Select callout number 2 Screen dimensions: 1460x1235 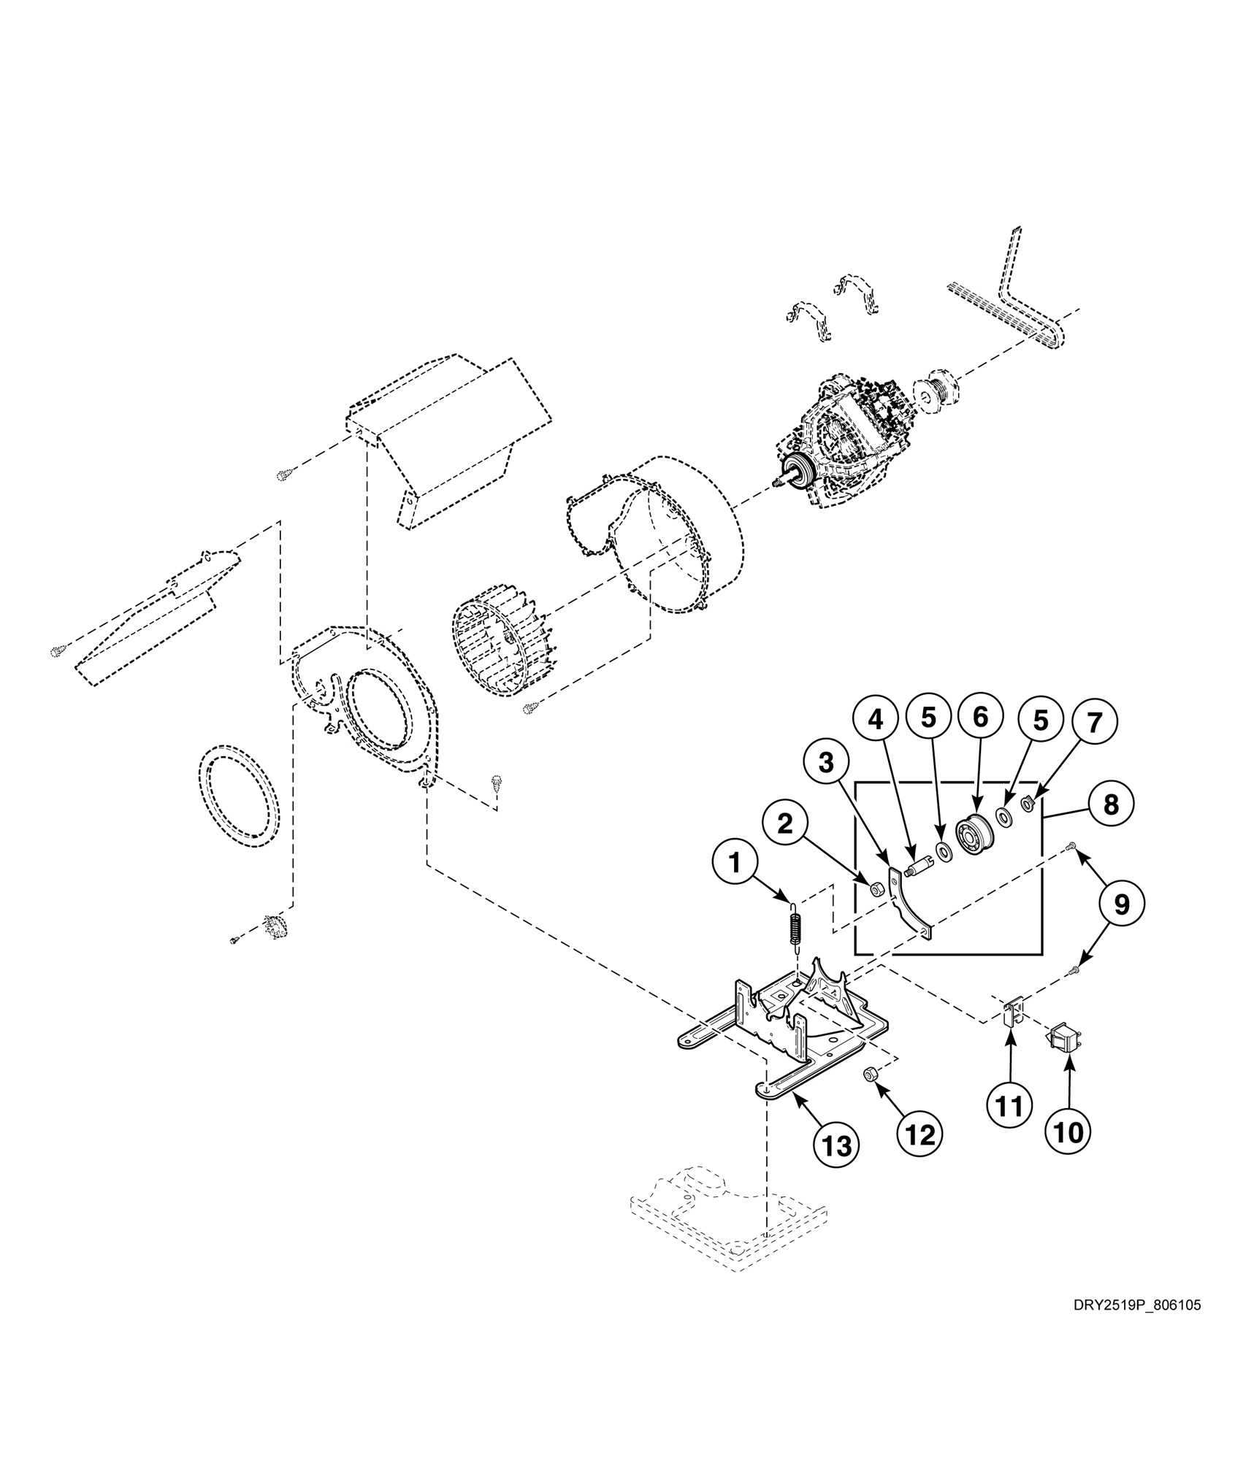pyautogui.click(x=784, y=824)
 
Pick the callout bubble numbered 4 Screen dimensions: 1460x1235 pyautogui.click(x=874, y=720)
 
